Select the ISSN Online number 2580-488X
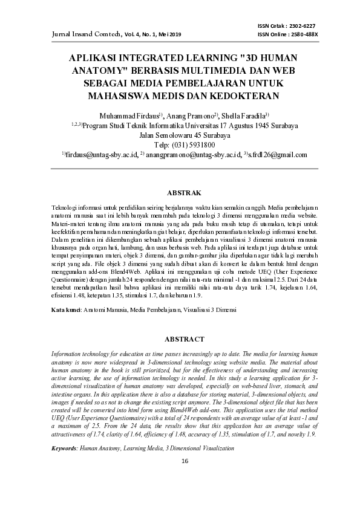click(x=304, y=34)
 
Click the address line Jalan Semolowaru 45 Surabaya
click(x=180, y=135)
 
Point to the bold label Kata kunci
click(x=66, y=310)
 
